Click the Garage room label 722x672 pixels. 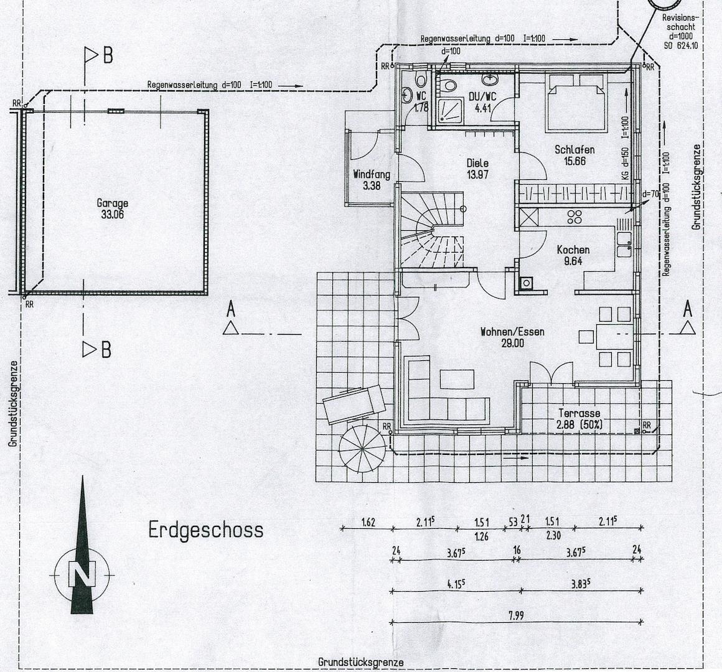113,203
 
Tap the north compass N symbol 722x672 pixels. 82,574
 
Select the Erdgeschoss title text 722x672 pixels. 205,530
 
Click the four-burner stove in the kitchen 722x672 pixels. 575,217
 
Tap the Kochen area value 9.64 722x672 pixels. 573,261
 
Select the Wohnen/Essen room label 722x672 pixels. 512,332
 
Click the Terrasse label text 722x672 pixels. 579,414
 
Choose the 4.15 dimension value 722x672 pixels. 457,585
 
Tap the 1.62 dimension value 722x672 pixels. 368,522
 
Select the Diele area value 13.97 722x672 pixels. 477,175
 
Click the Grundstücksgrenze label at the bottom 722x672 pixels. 361,662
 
